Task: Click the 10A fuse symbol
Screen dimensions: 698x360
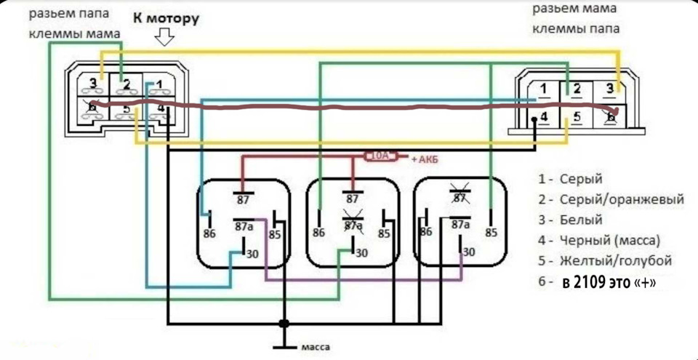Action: (x=380, y=156)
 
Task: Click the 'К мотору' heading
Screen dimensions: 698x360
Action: (x=165, y=19)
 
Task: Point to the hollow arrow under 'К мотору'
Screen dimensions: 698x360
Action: (x=164, y=37)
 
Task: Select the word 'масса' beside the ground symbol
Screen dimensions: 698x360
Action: (x=316, y=347)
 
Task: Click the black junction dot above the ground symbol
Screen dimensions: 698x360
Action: (x=284, y=323)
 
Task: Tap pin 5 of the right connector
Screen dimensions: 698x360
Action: (x=577, y=118)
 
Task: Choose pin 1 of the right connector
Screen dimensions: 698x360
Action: (x=544, y=89)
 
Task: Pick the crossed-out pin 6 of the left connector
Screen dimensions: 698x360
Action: (x=92, y=107)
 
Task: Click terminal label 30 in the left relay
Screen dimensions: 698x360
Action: (x=252, y=255)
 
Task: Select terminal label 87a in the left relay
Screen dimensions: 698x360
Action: (x=244, y=227)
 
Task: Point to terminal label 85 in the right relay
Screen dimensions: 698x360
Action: (x=491, y=233)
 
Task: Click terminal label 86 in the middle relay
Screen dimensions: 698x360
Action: (x=318, y=233)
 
